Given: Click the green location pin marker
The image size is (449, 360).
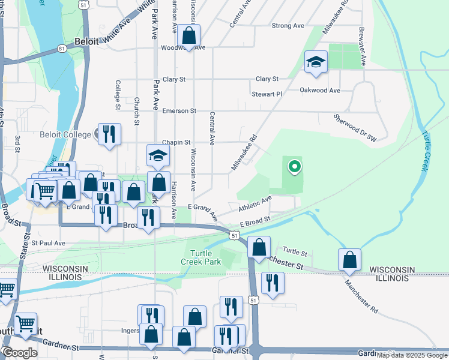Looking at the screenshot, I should (294, 166).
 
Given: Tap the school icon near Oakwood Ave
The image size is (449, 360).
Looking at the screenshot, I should (316, 62).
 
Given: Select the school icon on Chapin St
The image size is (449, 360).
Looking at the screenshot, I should (158, 156).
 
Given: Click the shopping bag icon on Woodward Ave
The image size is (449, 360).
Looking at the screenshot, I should (188, 36).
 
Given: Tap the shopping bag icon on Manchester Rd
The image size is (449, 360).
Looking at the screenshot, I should (349, 260).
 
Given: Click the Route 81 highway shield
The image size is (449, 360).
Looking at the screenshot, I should (62, 48).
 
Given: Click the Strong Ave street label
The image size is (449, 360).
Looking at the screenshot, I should (288, 26).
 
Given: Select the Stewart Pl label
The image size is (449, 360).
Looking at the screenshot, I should (267, 94).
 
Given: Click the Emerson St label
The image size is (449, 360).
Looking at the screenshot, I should (179, 111).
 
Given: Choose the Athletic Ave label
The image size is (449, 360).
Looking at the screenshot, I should (255, 202).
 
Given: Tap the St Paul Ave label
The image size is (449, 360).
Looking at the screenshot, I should (48, 243).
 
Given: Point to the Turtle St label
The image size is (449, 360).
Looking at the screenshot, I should (295, 251).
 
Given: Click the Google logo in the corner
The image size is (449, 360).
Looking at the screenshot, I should (20, 353).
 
